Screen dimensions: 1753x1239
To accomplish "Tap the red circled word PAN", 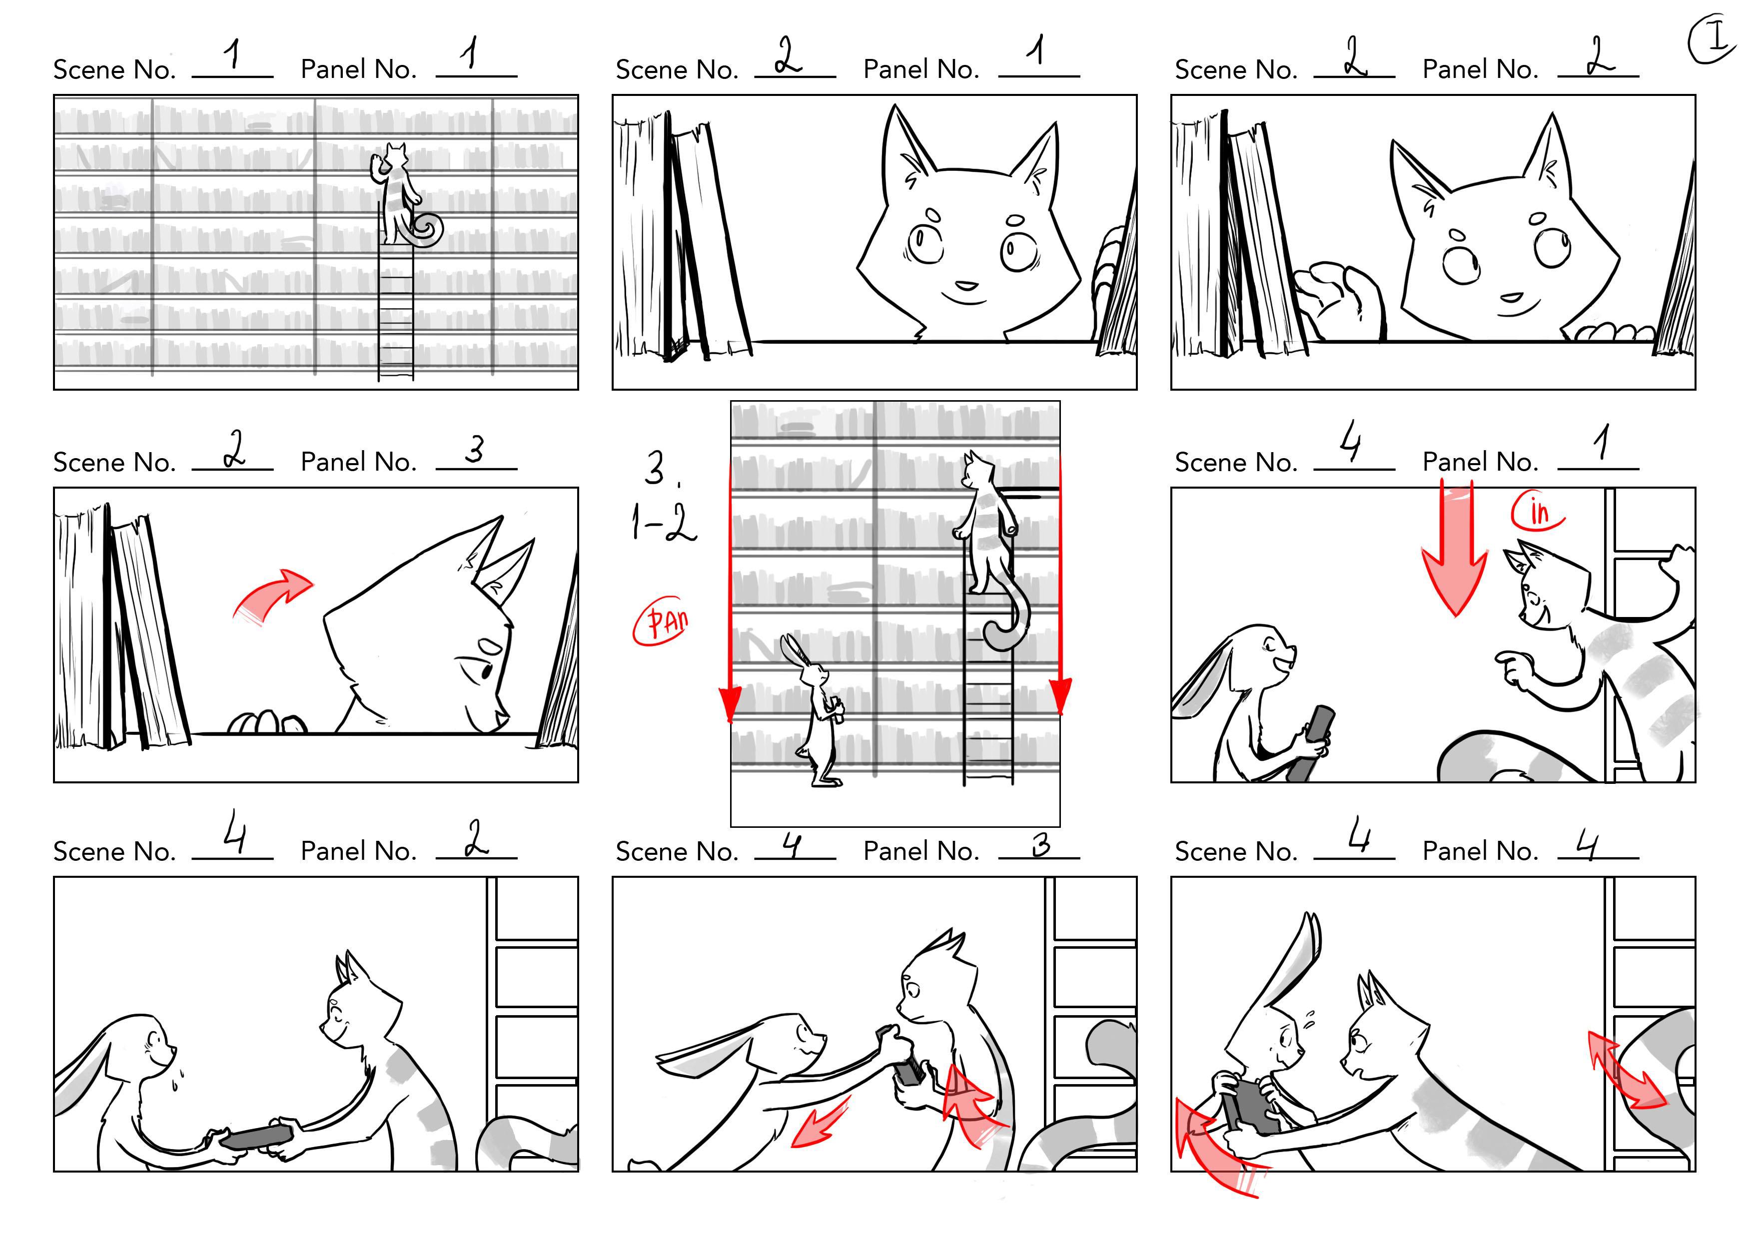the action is point(661,620).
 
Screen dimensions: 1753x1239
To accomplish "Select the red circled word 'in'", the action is point(1537,512).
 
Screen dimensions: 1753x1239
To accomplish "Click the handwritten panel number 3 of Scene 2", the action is point(475,448).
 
